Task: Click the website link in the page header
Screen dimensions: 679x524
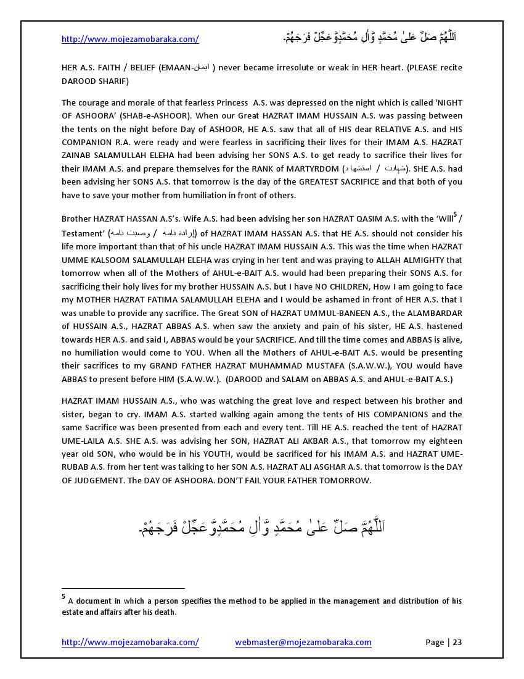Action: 130,39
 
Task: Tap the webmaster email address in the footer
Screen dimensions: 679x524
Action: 303,642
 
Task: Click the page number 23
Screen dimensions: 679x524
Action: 457,642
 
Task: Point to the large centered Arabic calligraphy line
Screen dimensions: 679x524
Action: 262,528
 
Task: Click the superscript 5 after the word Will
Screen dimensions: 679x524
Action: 455,215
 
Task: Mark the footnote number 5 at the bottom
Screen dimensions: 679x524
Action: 63,597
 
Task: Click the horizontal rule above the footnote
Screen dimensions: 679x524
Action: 123,588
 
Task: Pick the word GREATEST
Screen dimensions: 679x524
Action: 325,182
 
